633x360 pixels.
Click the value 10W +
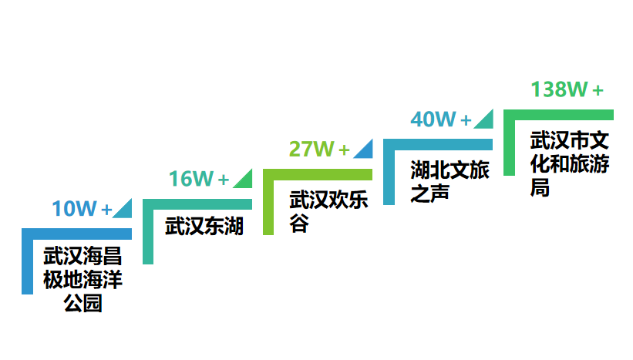(x=82, y=209)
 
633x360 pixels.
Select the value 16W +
(x=199, y=180)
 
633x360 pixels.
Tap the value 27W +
(x=318, y=150)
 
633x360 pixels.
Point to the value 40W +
(x=440, y=120)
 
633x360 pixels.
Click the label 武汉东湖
(x=204, y=227)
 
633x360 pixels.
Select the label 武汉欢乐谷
(x=328, y=211)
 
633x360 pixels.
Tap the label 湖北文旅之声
(x=449, y=181)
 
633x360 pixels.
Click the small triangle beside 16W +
(x=244, y=179)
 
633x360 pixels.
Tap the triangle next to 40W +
(x=485, y=119)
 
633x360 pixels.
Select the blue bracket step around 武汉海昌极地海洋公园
(x=28, y=262)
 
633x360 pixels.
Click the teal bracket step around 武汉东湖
(x=148, y=231)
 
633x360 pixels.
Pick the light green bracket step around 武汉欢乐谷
(x=268, y=202)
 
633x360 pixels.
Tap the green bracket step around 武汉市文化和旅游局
(x=509, y=143)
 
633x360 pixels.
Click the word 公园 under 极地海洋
(x=82, y=303)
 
